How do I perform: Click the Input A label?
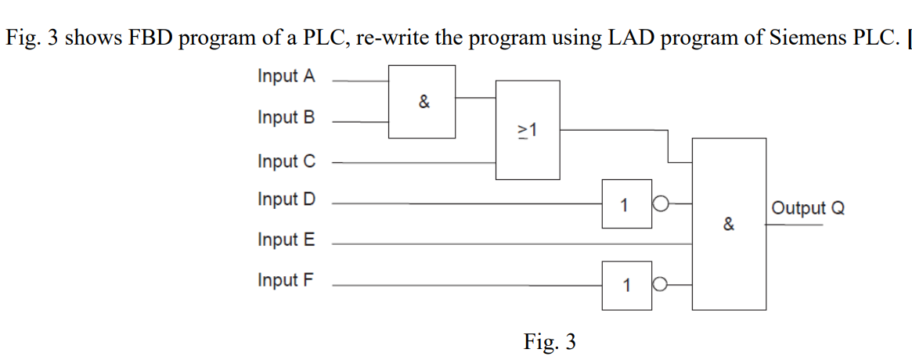pos(286,77)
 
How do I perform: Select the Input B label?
pos(286,117)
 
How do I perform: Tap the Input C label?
pos(287,161)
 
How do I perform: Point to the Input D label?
pos(287,200)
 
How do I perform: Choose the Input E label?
pos(286,240)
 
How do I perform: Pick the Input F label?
pos(286,280)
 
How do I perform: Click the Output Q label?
pos(808,208)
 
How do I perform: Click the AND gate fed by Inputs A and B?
pos(423,102)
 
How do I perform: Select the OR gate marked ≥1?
pos(528,130)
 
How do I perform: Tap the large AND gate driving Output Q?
pos(729,224)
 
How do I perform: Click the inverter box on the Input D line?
pos(626,204)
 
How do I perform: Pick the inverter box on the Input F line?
pos(626,286)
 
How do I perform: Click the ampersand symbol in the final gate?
pos(729,225)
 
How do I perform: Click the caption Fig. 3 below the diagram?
pos(550,342)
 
